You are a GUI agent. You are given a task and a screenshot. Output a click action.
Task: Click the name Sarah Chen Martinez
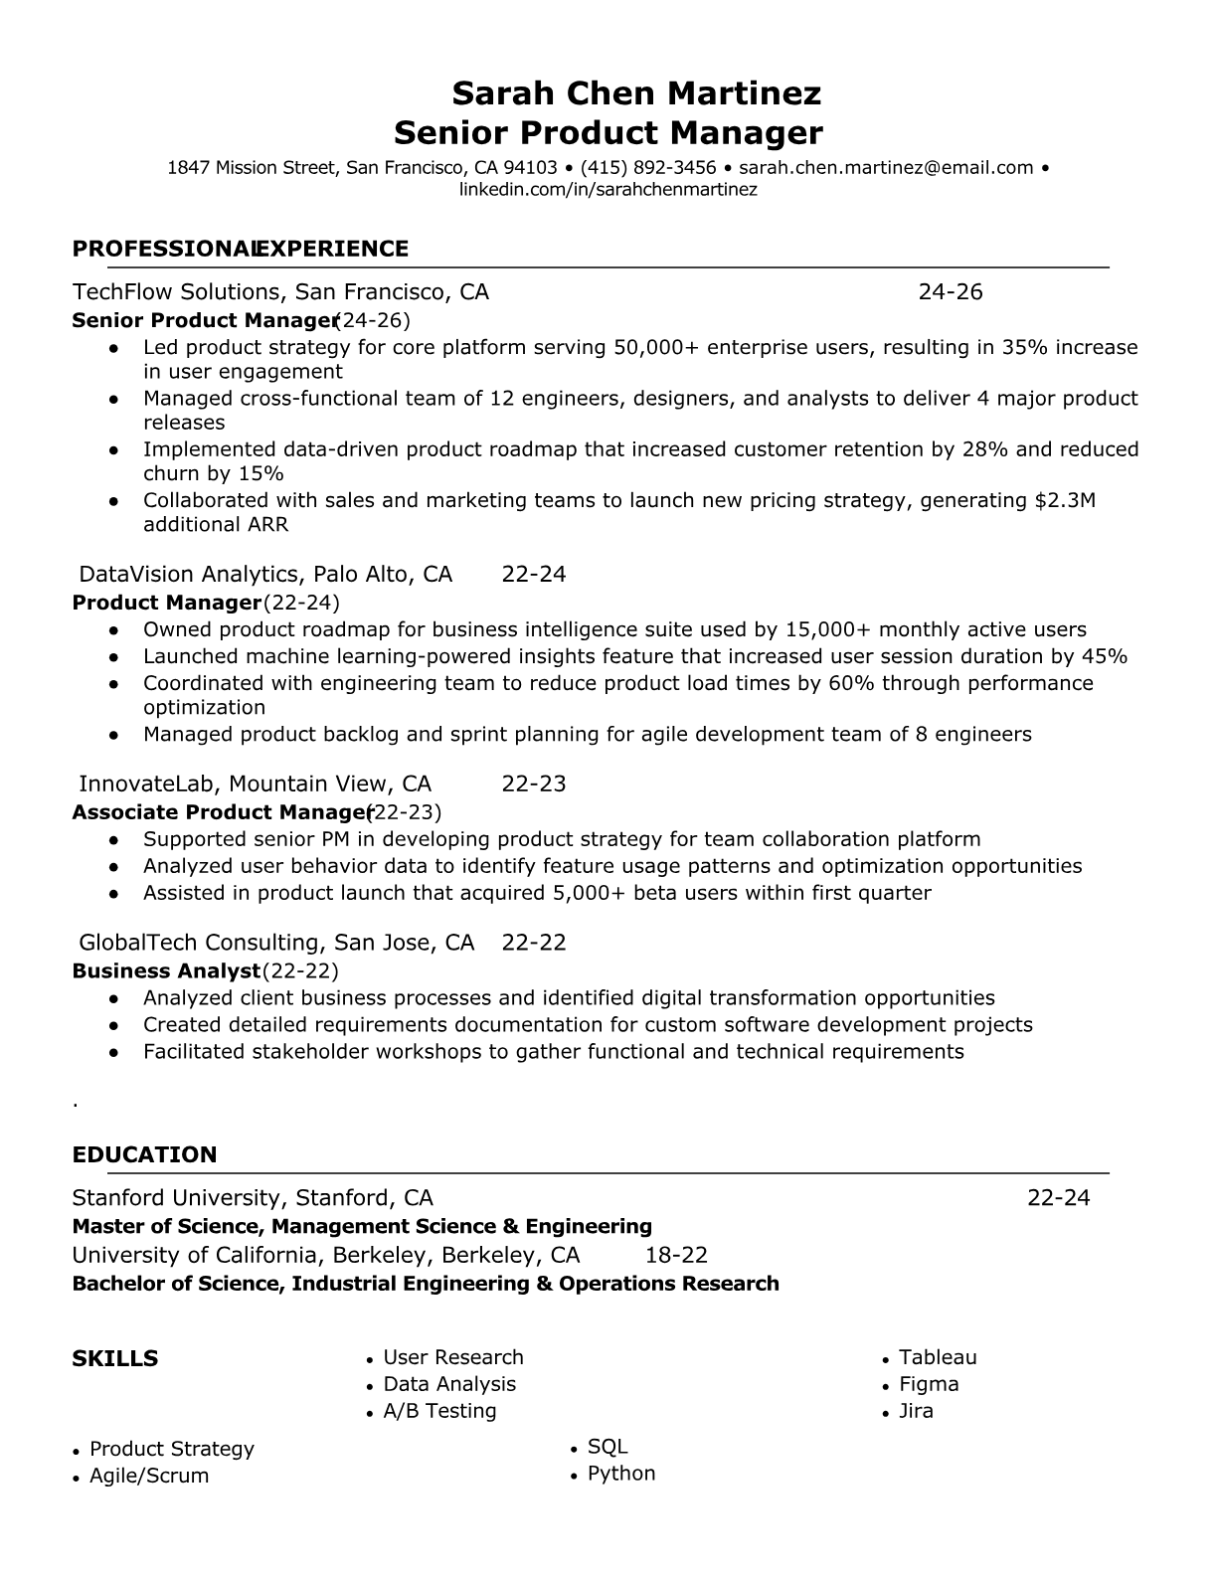coord(636,93)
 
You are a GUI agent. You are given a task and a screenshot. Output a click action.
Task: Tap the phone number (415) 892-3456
coord(648,168)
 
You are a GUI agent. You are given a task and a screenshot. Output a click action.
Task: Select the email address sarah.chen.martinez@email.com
coord(886,168)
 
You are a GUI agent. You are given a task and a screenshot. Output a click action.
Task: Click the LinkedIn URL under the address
coord(608,189)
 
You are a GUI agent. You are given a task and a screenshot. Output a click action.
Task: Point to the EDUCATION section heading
coord(144,1154)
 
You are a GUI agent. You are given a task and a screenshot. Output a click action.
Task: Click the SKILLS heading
coord(114,1358)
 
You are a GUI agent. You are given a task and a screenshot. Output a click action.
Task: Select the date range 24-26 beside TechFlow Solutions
coord(950,291)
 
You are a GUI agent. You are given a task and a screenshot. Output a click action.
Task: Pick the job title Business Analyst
coord(166,970)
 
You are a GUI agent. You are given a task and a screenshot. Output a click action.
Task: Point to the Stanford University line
coord(253,1197)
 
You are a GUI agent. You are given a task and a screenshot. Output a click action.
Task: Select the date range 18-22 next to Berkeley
coord(676,1255)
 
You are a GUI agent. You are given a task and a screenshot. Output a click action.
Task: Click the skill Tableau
coord(938,1357)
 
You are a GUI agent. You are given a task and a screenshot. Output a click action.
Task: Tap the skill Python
coord(621,1474)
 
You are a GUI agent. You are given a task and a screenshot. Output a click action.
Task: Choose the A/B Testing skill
coord(439,1411)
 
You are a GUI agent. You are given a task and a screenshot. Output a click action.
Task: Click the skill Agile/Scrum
coord(149,1476)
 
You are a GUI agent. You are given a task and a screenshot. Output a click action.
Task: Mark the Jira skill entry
coord(916,1411)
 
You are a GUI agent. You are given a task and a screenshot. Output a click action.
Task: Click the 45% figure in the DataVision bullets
coord(1104,656)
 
